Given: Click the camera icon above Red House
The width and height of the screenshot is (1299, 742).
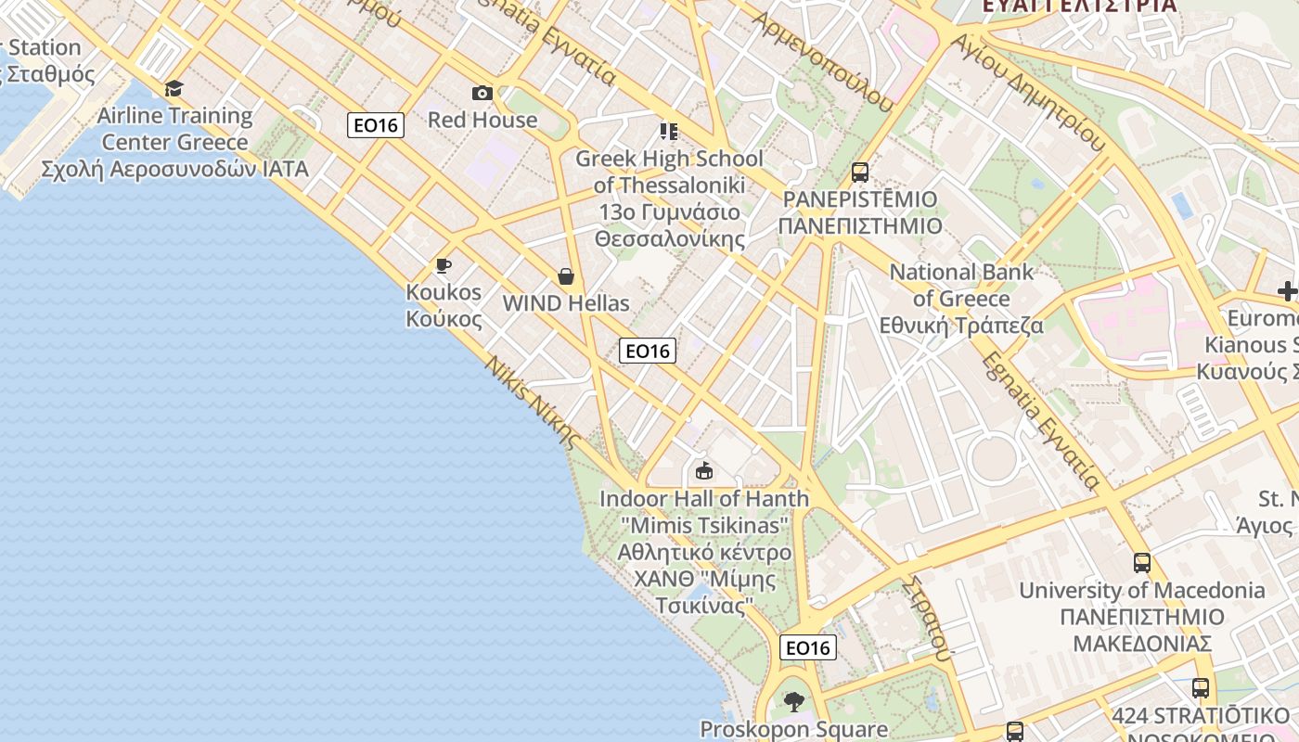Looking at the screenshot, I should pyautogui.click(x=482, y=93).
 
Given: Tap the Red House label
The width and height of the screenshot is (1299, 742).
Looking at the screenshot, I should pyautogui.click(x=482, y=120).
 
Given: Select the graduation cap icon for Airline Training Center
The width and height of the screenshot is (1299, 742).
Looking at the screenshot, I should pyautogui.click(x=174, y=89).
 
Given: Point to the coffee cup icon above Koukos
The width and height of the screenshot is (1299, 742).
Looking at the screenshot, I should pyautogui.click(x=444, y=266).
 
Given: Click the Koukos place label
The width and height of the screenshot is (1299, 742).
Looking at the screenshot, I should pyautogui.click(x=444, y=305).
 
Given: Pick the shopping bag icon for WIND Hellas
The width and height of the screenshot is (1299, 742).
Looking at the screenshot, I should pyautogui.click(x=565, y=276).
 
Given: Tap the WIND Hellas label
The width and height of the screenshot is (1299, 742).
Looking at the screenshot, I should pyautogui.click(x=565, y=303).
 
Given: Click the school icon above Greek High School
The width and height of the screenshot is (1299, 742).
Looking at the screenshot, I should pyautogui.click(x=668, y=132).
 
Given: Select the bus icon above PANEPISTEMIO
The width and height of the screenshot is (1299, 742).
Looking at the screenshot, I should pyautogui.click(x=860, y=173).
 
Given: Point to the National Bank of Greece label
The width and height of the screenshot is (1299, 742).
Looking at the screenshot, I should pyautogui.click(x=961, y=299).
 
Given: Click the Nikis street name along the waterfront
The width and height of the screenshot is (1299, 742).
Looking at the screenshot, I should pyautogui.click(x=532, y=402).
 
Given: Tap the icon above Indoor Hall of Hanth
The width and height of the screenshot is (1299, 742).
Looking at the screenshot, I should pyautogui.click(x=704, y=472).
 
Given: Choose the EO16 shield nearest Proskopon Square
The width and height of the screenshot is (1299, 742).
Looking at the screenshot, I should pyautogui.click(x=807, y=647).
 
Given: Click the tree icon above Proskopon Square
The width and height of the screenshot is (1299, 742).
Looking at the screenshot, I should pyautogui.click(x=793, y=701).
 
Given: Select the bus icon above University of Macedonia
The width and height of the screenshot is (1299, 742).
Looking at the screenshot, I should pyautogui.click(x=1142, y=563).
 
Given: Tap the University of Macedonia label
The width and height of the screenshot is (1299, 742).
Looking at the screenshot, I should pyautogui.click(x=1142, y=616).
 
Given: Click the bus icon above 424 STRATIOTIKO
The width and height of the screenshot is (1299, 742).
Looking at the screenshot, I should pyautogui.click(x=1201, y=688).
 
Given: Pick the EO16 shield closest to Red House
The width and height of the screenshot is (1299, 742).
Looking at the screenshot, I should pyautogui.click(x=376, y=125).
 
